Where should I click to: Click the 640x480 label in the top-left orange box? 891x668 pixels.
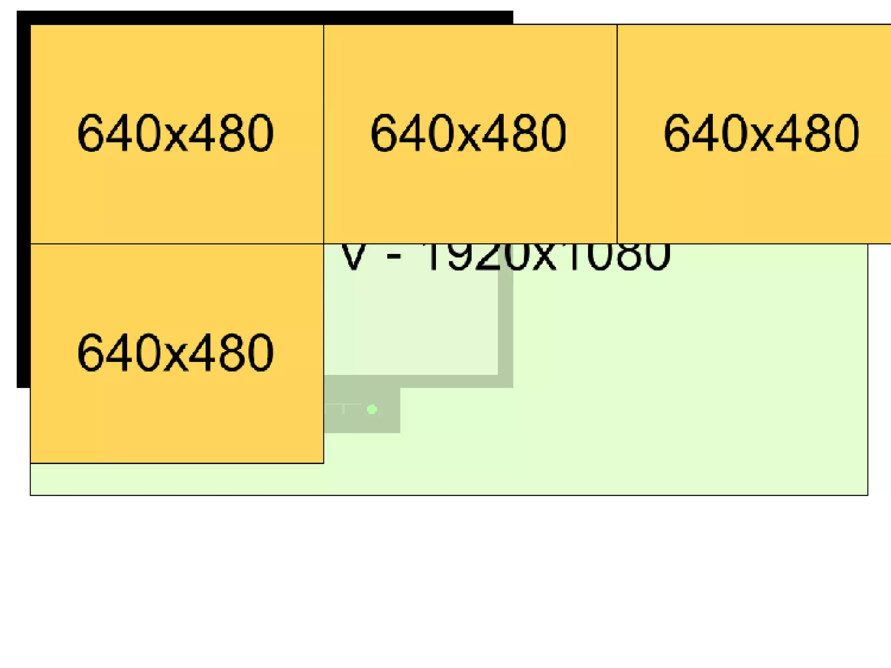coord(175,133)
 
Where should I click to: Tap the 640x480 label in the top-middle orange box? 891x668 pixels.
coord(469,133)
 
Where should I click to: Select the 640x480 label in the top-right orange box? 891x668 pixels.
coord(761,133)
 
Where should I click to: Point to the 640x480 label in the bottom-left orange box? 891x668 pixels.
coord(175,352)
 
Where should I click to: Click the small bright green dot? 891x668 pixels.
coord(372,409)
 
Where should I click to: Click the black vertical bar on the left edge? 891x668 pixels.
coord(23,204)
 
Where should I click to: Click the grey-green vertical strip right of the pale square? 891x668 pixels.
coord(506,326)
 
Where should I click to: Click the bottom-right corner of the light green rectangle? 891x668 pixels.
coord(868,495)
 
